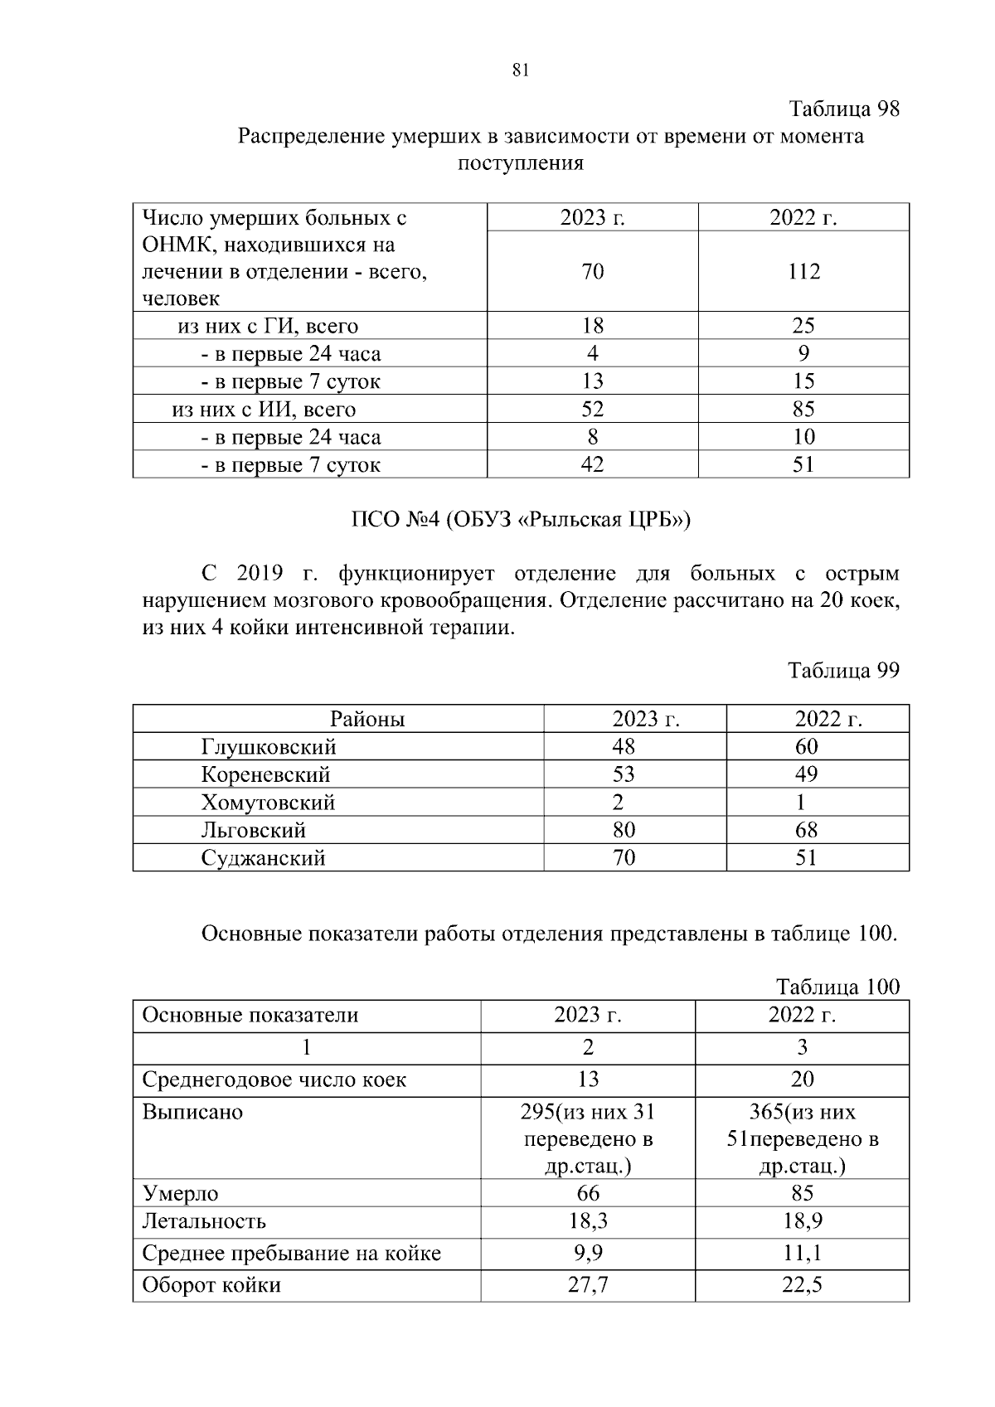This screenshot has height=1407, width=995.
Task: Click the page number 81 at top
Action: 521,70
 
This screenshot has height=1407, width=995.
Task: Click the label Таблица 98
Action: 843,109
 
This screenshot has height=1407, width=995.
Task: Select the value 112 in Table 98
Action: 803,272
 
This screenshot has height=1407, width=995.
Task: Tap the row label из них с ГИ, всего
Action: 268,326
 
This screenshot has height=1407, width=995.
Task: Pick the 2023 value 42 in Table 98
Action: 592,464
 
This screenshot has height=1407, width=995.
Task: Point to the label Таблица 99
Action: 843,670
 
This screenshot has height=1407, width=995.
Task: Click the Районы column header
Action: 367,719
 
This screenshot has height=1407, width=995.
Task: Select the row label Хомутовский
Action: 268,803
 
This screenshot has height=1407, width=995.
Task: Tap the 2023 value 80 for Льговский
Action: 624,830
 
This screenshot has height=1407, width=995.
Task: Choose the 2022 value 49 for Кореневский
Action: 806,774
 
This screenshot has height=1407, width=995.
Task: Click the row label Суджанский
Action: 263,858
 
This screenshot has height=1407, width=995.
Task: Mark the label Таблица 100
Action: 837,987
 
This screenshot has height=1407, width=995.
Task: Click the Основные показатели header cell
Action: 250,1016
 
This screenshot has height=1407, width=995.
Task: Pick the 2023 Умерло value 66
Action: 588,1193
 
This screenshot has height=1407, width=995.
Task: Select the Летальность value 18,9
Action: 802,1221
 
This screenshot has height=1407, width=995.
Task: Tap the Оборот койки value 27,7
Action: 588,1285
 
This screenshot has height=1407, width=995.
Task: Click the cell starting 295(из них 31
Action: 588,1138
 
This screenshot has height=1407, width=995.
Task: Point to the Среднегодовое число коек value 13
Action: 588,1080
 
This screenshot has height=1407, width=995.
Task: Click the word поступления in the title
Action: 521,163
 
